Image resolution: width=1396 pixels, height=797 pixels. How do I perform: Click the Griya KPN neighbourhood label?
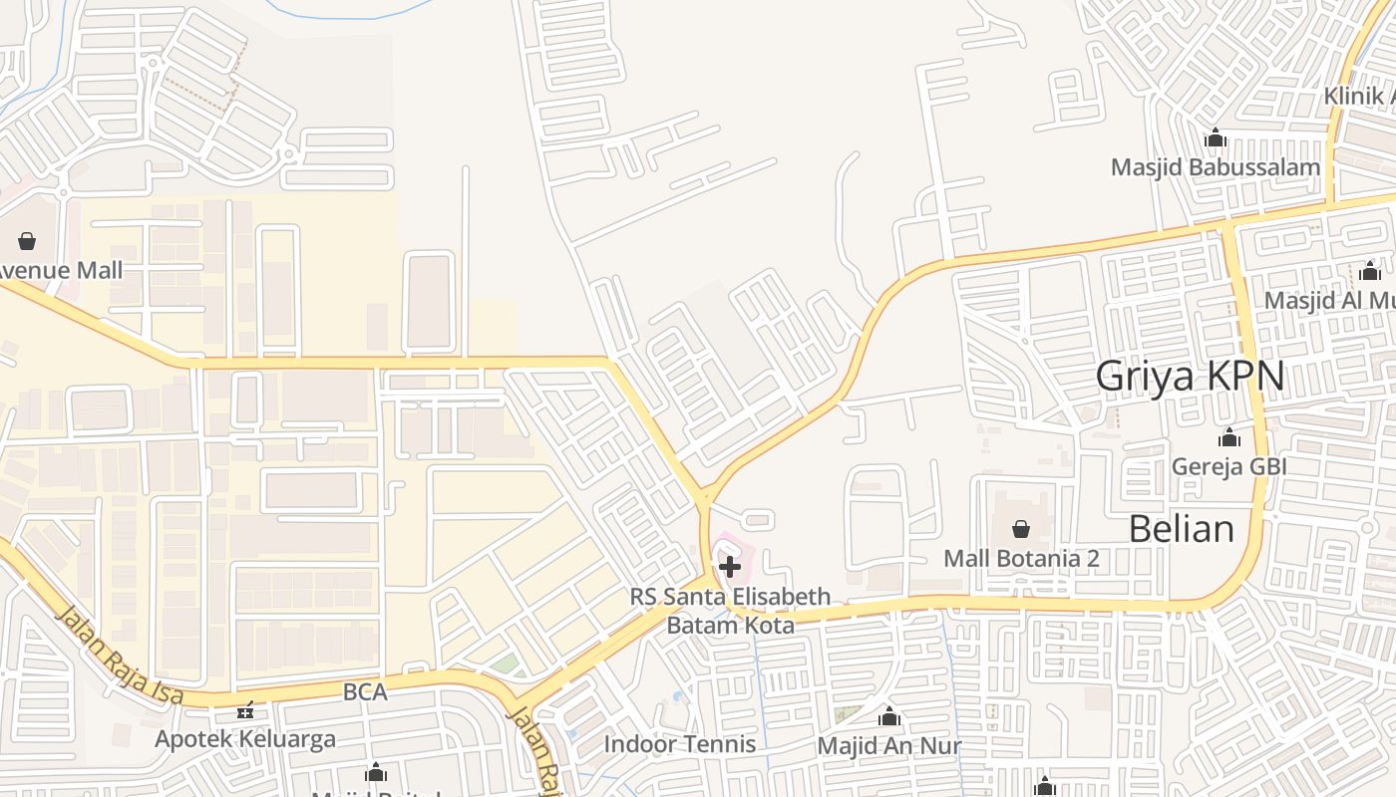pyautogui.click(x=1190, y=378)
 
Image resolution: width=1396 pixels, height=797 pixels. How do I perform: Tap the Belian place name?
pyautogui.click(x=1182, y=528)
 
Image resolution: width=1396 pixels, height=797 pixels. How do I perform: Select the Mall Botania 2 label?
pyautogui.click(x=1021, y=558)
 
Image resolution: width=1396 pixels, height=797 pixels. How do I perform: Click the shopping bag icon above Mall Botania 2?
pyautogui.click(x=1021, y=529)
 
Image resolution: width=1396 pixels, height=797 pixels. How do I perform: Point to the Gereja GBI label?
pyautogui.click(x=1228, y=466)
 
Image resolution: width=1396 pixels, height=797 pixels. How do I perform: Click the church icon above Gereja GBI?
pyautogui.click(x=1229, y=437)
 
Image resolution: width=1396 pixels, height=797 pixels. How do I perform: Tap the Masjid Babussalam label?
pyautogui.click(x=1216, y=166)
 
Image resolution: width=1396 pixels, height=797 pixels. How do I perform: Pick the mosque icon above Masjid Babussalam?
pyautogui.click(x=1216, y=137)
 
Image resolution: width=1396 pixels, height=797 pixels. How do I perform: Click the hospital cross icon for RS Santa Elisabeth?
pyautogui.click(x=730, y=567)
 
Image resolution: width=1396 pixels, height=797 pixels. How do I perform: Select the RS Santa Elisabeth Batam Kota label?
pyautogui.click(x=730, y=611)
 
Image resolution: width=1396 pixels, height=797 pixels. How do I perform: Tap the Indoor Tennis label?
pyautogui.click(x=680, y=743)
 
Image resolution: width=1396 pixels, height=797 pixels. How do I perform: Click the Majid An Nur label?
pyautogui.click(x=888, y=745)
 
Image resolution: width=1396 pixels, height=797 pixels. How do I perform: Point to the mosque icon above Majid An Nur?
pyautogui.click(x=888, y=716)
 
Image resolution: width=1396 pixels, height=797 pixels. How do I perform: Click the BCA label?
pyautogui.click(x=364, y=691)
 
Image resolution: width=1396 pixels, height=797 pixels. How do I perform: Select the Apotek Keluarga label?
pyautogui.click(x=245, y=739)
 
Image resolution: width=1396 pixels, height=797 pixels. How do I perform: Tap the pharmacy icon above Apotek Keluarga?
pyautogui.click(x=245, y=710)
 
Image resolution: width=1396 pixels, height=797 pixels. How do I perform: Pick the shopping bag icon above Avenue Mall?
pyautogui.click(x=27, y=241)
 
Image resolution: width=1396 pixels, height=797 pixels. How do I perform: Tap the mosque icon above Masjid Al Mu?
pyautogui.click(x=1370, y=271)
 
